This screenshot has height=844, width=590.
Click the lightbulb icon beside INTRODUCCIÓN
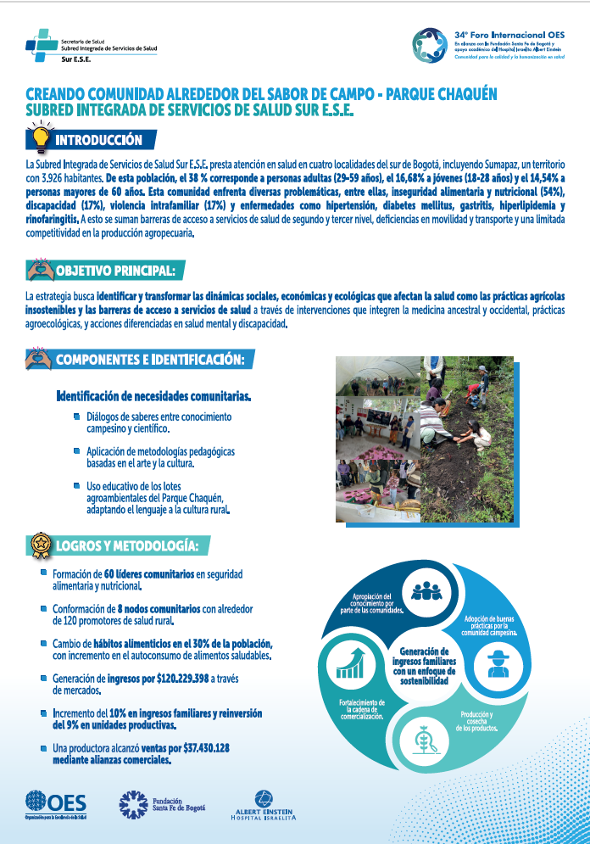(x=39, y=137)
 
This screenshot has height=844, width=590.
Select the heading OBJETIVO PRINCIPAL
(x=116, y=271)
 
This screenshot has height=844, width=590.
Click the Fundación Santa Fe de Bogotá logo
(x=162, y=803)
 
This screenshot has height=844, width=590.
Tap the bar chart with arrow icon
(x=350, y=662)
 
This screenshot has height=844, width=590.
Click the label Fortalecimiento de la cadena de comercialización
(x=365, y=709)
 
